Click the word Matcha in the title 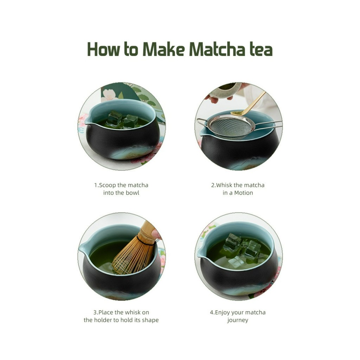pyautogui.click(x=217, y=49)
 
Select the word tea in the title pyautogui.click(x=261, y=50)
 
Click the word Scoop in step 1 pyautogui.click(x=108, y=185)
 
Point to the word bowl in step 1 pyautogui.click(x=133, y=193)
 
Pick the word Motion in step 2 pyautogui.click(x=244, y=193)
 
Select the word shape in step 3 pyautogui.click(x=150, y=320)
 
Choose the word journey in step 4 pyautogui.click(x=238, y=320)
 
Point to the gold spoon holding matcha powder pyautogui.click(x=248, y=104)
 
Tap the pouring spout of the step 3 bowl pyautogui.click(x=82, y=248)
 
